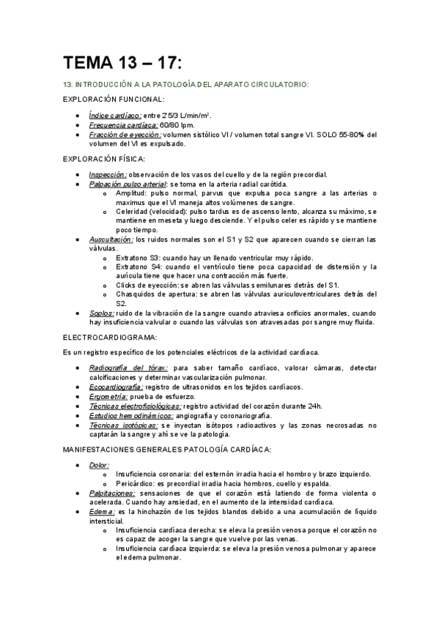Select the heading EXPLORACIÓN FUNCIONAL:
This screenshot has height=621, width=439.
114,99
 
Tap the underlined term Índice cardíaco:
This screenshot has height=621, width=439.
115,116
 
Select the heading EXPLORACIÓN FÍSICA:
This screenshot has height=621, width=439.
104,159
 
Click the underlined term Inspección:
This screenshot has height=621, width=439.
108,175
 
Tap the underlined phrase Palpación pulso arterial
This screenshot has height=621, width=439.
128,185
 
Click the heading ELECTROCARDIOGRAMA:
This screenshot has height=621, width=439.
110,338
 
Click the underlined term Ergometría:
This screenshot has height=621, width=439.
109,396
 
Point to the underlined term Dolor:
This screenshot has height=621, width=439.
99,464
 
